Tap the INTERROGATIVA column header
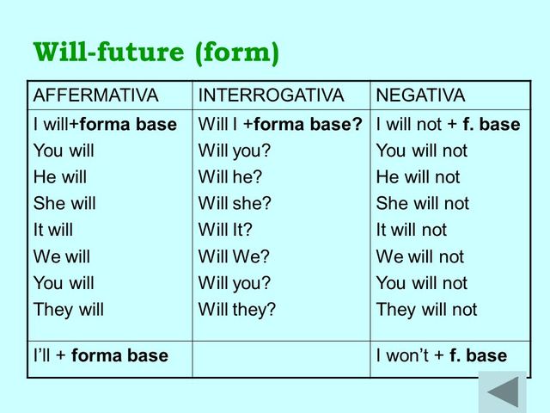(271, 96)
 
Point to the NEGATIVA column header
(420, 96)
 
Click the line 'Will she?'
(235, 204)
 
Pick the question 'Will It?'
(229, 231)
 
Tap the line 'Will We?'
(234, 257)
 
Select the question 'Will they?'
(237, 310)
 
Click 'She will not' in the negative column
(422, 204)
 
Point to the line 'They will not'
(426, 310)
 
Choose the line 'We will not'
(419, 257)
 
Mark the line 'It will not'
(412, 231)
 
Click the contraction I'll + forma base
(101, 355)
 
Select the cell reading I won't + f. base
(441, 355)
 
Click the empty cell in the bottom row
(281, 355)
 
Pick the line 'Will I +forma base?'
(280, 125)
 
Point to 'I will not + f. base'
(448, 125)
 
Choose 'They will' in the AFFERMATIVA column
(68, 310)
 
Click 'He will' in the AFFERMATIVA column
(60, 177)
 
